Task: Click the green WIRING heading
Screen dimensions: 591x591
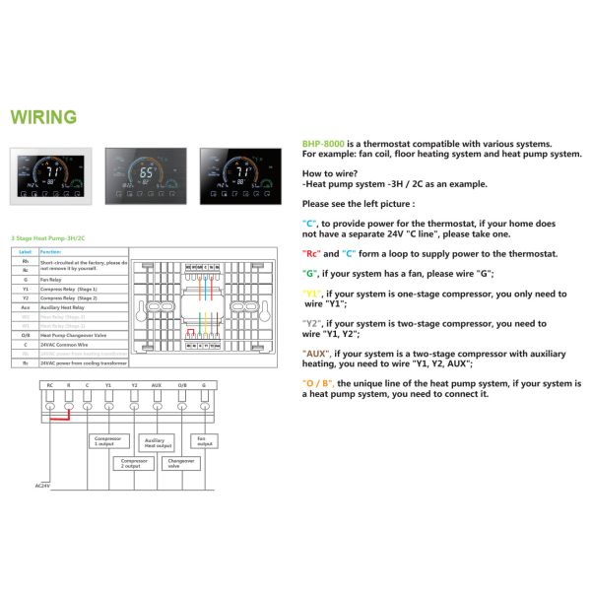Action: tap(43, 118)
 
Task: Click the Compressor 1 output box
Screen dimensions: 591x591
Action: tap(107, 440)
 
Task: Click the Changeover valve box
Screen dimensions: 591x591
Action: tap(180, 462)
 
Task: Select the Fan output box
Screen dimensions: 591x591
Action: tap(204, 439)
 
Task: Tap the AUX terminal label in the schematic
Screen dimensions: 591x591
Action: tap(156, 385)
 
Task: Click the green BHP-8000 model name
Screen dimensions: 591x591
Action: tap(322, 144)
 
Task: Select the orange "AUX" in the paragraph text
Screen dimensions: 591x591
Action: tap(316, 353)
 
